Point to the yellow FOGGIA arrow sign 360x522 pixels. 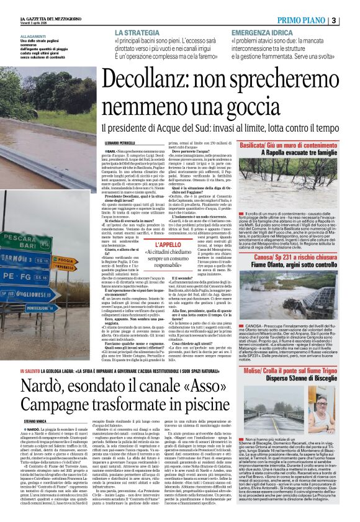tap(65, 260)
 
